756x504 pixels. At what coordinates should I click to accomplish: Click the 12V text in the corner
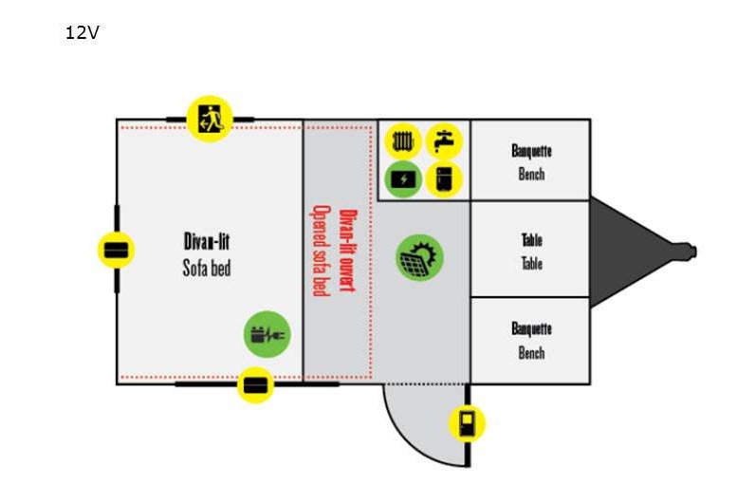tap(82, 32)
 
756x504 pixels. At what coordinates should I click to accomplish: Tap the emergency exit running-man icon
tap(210, 119)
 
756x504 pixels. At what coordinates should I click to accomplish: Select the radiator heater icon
tap(403, 141)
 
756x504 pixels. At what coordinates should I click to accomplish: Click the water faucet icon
tap(444, 141)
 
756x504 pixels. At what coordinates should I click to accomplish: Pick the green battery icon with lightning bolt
tap(403, 179)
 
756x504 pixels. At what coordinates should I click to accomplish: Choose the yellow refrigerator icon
tap(444, 179)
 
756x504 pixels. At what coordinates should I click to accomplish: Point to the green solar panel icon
tap(419, 257)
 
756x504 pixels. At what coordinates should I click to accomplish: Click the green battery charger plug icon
tap(267, 334)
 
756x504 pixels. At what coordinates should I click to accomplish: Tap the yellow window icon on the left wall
tap(116, 250)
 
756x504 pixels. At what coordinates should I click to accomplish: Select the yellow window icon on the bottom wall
tap(255, 384)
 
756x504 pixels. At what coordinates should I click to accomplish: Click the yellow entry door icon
tap(467, 423)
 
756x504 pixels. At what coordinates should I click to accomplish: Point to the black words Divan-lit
tap(207, 241)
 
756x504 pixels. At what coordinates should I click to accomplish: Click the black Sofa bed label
tap(207, 269)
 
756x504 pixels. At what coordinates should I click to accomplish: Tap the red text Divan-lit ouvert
tap(347, 251)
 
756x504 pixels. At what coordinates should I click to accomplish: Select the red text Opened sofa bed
tap(322, 251)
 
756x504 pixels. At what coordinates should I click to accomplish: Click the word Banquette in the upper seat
tap(531, 151)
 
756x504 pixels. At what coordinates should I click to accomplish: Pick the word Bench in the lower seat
tap(531, 352)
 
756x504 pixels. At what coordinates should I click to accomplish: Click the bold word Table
tap(531, 240)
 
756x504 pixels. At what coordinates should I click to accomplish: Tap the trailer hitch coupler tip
tap(694, 252)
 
